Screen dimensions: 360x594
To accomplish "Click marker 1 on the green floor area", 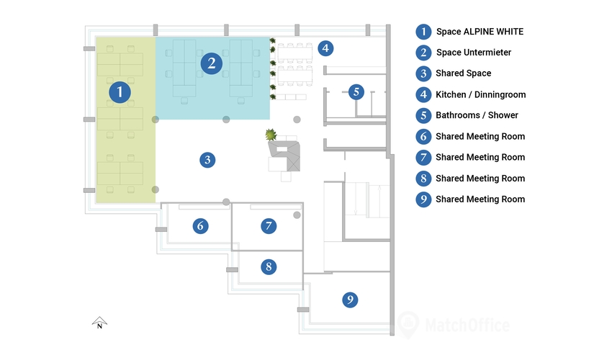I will click(x=120, y=92).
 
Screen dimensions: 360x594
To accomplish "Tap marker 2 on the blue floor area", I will click(x=211, y=63).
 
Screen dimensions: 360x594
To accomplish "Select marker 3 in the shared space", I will click(x=207, y=160).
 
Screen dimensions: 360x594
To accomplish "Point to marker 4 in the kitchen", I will click(x=325, y=48).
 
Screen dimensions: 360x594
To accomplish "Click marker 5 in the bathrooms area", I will click(x=356, y=91).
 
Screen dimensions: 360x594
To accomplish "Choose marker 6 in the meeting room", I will click(x=201, y=226).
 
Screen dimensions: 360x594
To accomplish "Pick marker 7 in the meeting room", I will click(x=269, y=226).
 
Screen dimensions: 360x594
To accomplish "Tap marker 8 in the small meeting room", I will click(x=269, y=267).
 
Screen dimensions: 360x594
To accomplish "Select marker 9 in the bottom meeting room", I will click(x=350, y=300).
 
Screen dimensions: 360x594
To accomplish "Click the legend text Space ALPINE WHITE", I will click(x=480, y=32).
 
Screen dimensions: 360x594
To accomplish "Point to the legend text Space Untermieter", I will click(x=474, y=53).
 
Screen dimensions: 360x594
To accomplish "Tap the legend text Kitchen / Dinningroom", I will click(x=480, y=94).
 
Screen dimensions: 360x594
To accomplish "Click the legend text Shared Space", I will click(x=463, y=73).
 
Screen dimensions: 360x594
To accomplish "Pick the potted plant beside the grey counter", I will click(x=271, y=134).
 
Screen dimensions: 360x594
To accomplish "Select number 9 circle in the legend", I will click(x=423, y=199).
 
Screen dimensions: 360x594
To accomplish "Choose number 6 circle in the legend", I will click(x=423, y=136).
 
